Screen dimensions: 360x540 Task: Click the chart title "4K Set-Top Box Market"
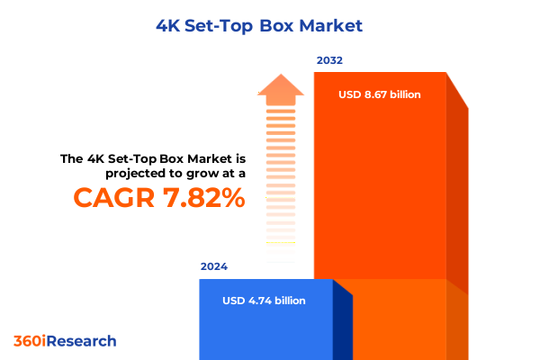pyautogui.click(x=270, y=25)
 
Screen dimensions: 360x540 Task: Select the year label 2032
pyautogui.click(x=329, y=61)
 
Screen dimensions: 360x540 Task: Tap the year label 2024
pyautogui.click(x=214, y=267)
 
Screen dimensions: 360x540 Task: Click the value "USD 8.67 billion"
pyautogui.click(x=380, y=94)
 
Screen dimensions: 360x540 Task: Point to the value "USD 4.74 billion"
pyautogui.click(x=264, y=301)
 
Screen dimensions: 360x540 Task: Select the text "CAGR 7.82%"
pyautogui.click(x=158, y=198)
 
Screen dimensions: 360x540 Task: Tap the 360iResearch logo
pyautogui.click(x=65, y=341)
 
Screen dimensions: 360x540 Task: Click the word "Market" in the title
pyautogui.click(x=330, y=25)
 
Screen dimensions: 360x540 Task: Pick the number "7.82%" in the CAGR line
pyautogui.click(x=203, y=198)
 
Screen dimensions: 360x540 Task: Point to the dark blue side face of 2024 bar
pyautogui.click(x=342, y=324)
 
